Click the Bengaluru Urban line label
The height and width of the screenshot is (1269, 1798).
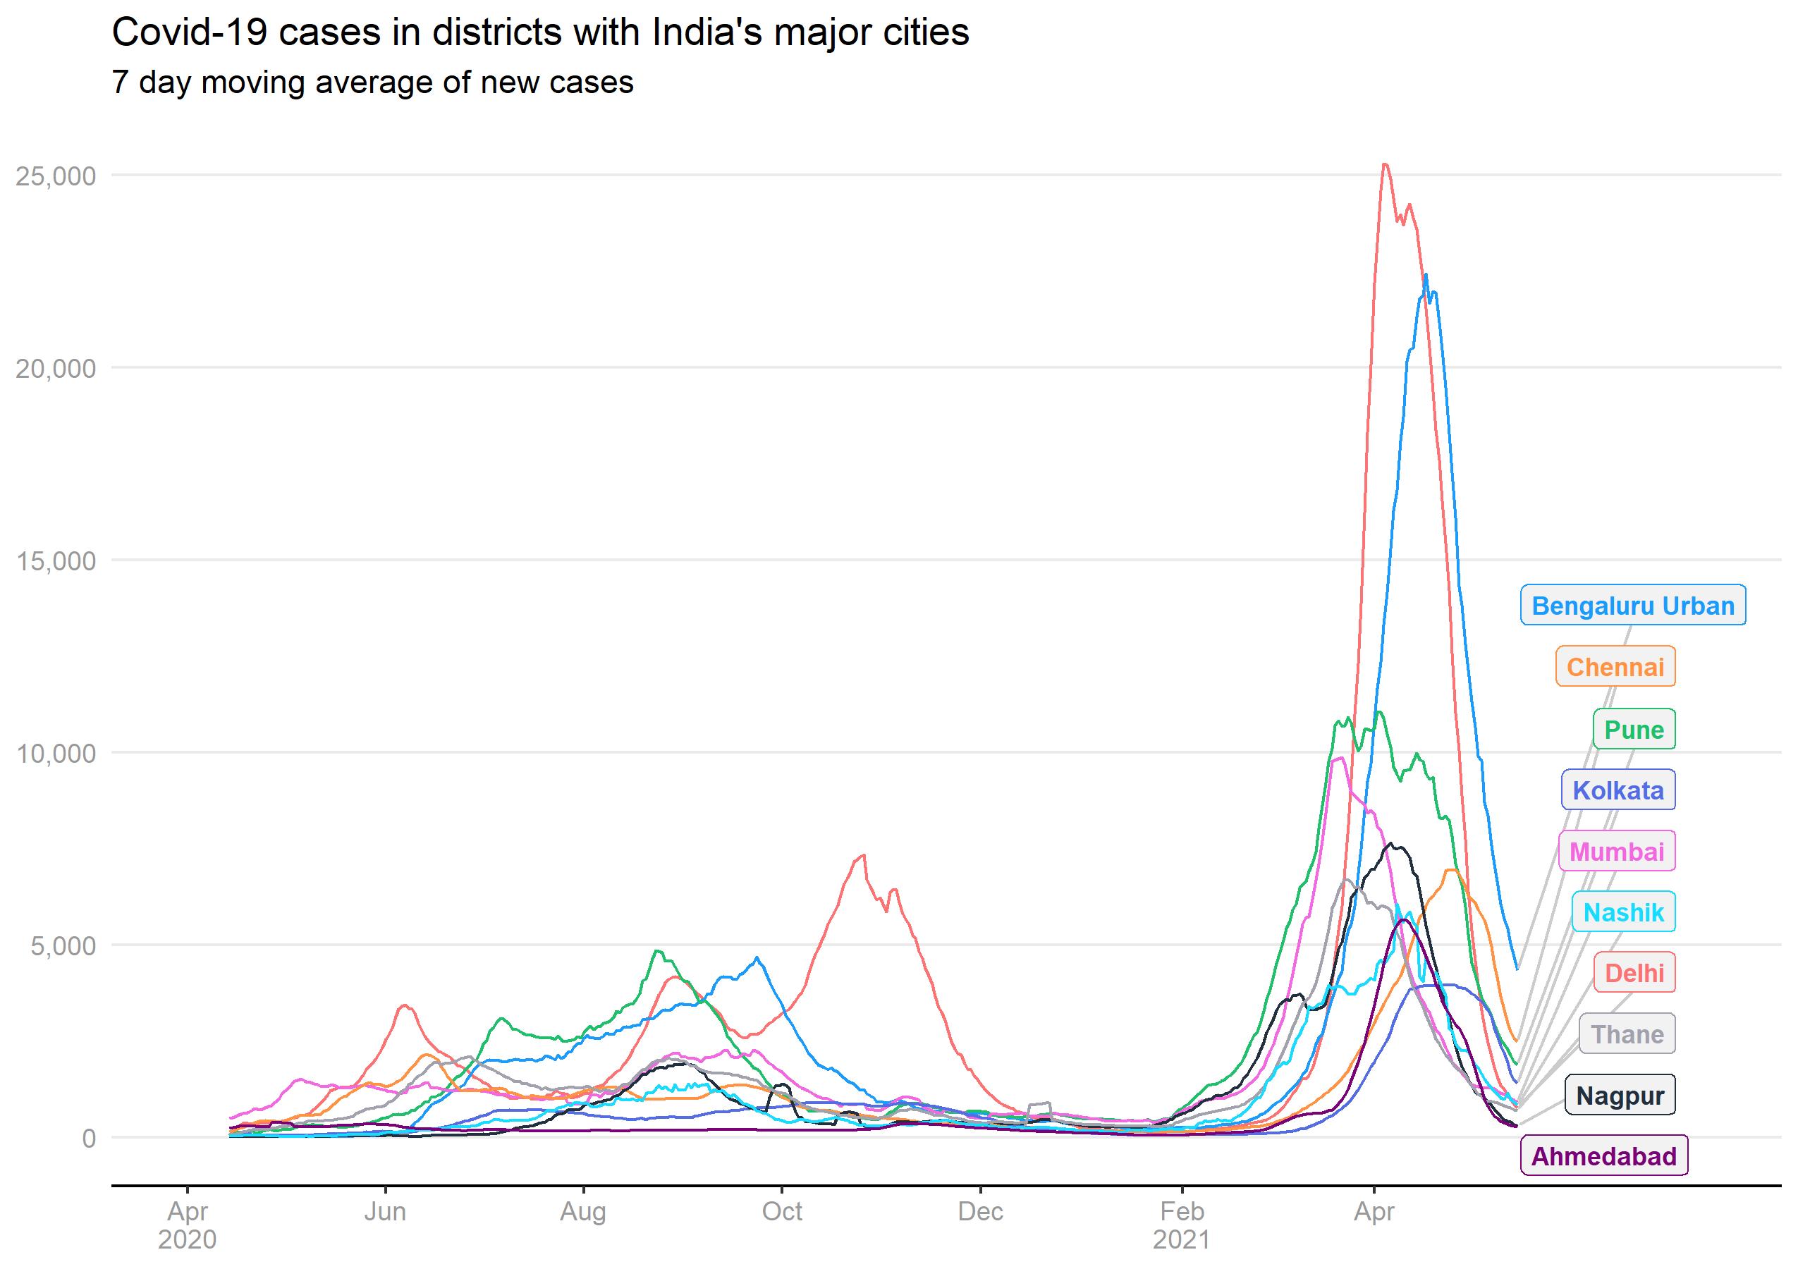(1632, 605)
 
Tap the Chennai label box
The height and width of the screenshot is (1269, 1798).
(1615, 666)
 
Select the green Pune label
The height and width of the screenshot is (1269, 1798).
(1634, 729)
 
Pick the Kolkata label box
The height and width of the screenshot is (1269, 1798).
(1618, 790)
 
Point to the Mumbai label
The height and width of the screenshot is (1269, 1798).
(1616, 851)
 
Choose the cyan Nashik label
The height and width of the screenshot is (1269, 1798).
(1622, 912)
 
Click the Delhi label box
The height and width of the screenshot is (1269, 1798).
(1634, 973)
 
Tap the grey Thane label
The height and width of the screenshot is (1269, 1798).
(1627, 1034)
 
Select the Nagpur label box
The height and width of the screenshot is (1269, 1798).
(1620, 1095)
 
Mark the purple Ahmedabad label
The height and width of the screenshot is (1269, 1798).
(1604, 1156)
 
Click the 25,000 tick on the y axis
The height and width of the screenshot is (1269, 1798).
(56, 176)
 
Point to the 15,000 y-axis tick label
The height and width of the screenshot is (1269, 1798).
(56, 560)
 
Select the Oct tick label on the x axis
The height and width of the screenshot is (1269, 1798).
(781, 1212)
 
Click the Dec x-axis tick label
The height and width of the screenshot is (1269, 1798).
(979, 1212)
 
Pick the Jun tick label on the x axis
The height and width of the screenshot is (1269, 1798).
(384, 1212)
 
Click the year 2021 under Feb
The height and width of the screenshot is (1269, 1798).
(1181, 1240)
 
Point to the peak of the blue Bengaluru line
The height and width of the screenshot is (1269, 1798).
(1426, 275)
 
